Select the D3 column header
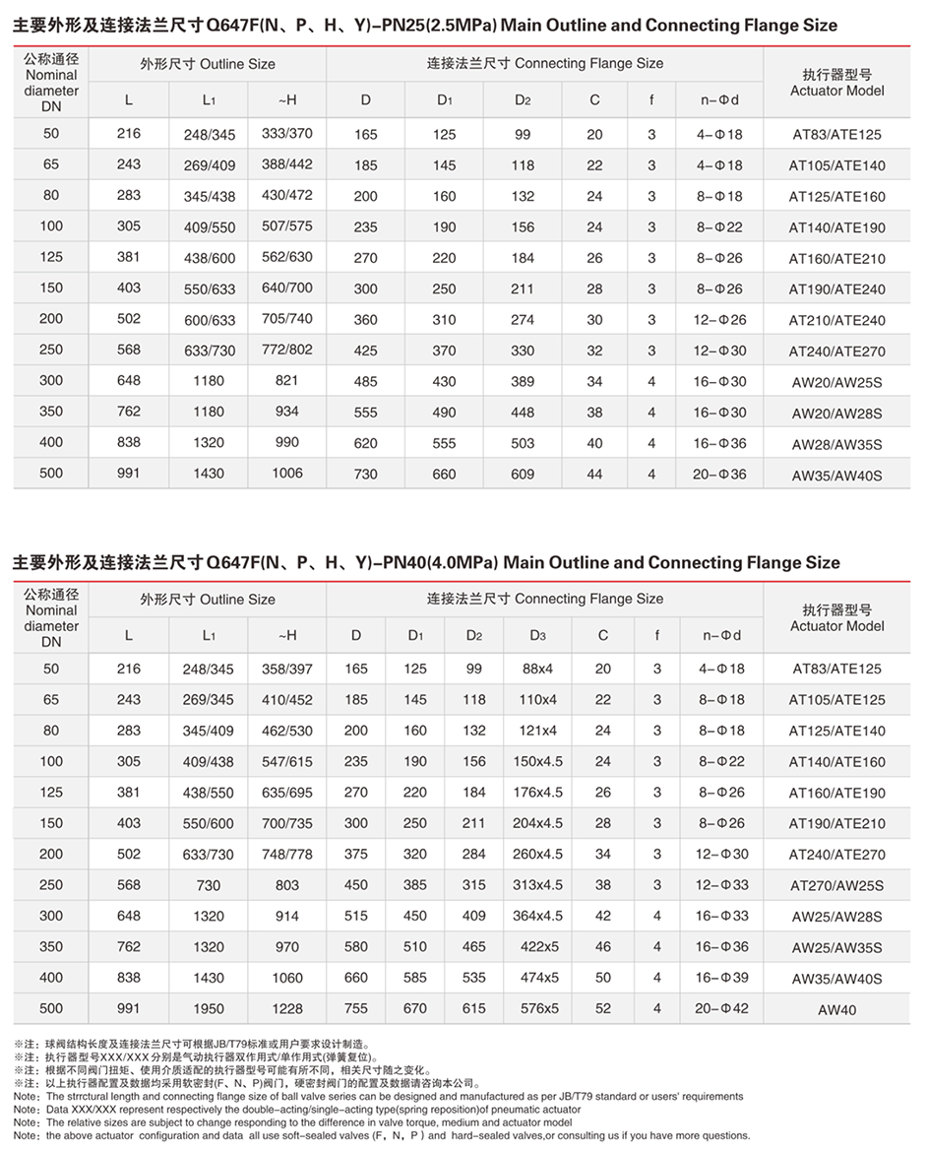pyautogui.click(x=537, y=635)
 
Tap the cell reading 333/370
pyautogui.click(x=287, y=134)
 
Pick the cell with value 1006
pyautogui.click(x=287, y=474)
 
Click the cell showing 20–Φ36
pyautogui.click(x=720, y=475)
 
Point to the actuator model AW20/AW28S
pyautogui.click(x=836, y=413)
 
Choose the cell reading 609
pyautogui.click(x=523, y=475)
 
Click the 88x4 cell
pyautogui.click(x=537, y=670)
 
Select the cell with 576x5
pyautogui.click(x=538, y=1009)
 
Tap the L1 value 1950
pyautogui.click(x=209, y=1009)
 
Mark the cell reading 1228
pyautogui.click(x=287, y=1009)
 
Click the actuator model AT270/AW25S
pyautogui.click(x=836, y=886)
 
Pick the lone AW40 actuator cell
pyautogui.click(x=836, y=1010)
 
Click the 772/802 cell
pyautogui.click(x=287, y=351)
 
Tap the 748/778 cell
pyautogui.click(x=287, y=855)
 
